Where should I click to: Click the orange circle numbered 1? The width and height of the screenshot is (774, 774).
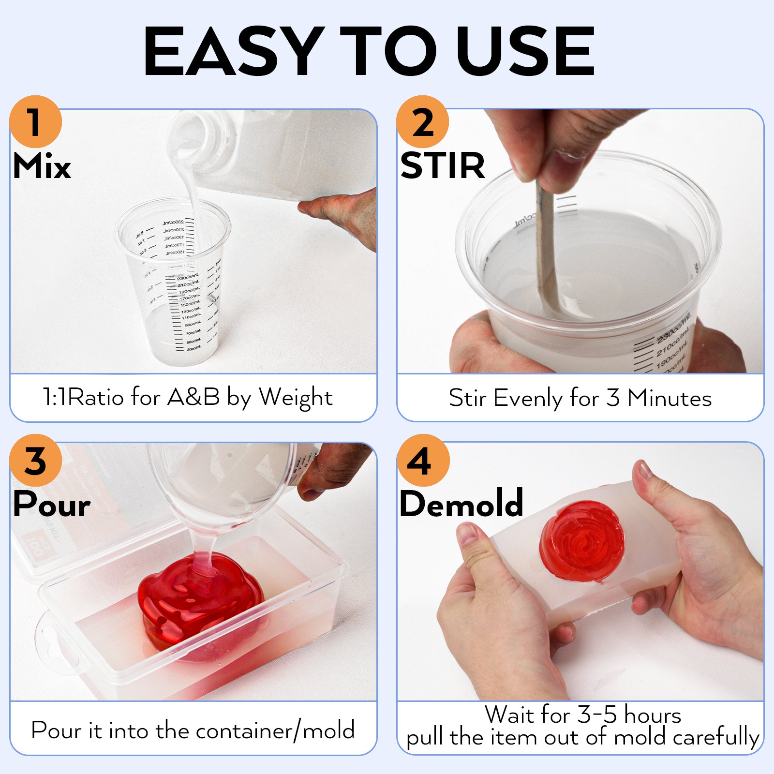[x=35, y=122]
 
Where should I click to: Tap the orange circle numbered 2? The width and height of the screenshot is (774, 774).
[x=422, y=122]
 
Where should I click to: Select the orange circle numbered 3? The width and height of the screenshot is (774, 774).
[x=35, y=461]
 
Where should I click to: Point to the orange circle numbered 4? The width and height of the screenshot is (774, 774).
[x=422, y=461]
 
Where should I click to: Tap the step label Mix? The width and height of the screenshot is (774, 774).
[x=42, y=166]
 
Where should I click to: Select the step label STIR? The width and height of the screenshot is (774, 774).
[x=442, y=166]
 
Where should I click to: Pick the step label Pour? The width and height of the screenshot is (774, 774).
[x=51, y=505]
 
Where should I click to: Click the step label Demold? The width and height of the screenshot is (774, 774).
[x=461, y=504]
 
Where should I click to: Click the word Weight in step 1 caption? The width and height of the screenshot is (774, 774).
[x=296, y=398]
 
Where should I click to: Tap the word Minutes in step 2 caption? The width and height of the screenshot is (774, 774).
[x=669, y=399]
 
